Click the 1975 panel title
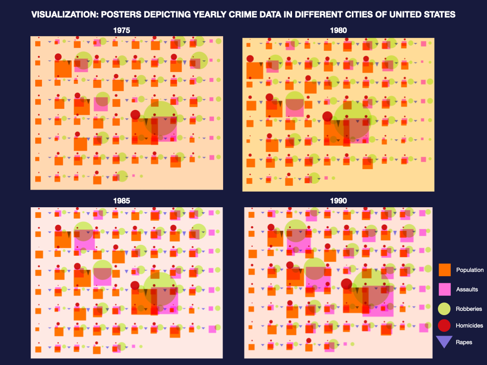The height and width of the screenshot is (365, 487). click(122, 30)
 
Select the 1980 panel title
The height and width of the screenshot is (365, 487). click(338, 30)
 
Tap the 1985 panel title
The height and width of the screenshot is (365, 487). click(122, 201)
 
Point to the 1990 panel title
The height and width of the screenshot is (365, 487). click(338, 201)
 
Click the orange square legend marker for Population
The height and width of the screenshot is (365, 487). click(445, 270)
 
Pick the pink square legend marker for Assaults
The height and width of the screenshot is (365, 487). click(445, 289)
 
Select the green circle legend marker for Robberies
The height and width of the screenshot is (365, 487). click(444, 308)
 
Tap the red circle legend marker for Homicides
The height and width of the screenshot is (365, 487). click(444, 326)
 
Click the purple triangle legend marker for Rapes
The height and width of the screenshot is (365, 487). click(444, 342)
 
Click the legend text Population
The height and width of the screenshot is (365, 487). click(469, 270)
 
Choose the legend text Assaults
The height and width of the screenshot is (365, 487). click(467, 289)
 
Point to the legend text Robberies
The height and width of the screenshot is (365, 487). click(468, 308)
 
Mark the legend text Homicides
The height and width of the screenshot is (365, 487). click(469, 326)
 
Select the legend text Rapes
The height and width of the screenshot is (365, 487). click(464, 342)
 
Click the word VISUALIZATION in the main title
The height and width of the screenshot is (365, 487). click(61, 15)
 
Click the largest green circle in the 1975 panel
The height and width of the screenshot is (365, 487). click(161, 118)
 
